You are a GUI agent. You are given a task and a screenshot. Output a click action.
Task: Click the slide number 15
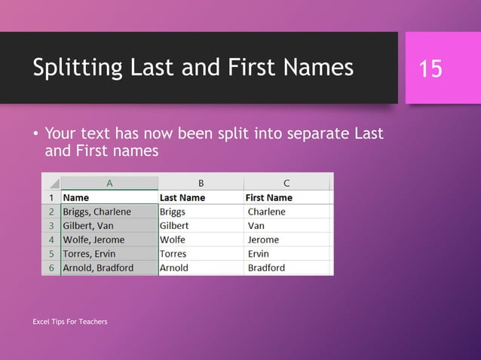430,69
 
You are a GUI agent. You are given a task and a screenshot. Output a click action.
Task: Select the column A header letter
109,182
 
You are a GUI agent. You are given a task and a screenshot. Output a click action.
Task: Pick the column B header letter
201,182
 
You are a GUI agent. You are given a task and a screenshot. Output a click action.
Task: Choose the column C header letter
286,182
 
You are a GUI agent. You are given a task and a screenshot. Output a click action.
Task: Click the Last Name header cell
182,197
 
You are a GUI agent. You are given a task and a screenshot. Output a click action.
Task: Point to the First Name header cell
269,197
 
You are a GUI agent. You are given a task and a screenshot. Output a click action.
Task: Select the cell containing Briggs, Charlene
97,212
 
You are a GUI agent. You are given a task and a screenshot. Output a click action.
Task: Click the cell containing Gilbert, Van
88,225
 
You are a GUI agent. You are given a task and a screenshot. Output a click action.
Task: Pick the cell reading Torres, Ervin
90,254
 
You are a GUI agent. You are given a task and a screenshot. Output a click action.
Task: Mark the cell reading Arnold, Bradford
98,267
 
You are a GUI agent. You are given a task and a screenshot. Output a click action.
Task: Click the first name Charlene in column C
267,212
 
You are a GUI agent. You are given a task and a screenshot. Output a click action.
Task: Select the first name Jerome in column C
263,239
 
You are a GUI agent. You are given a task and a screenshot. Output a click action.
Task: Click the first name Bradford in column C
266,267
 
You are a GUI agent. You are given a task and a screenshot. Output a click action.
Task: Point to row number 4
51,239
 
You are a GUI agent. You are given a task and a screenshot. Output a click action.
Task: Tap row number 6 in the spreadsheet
51,267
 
